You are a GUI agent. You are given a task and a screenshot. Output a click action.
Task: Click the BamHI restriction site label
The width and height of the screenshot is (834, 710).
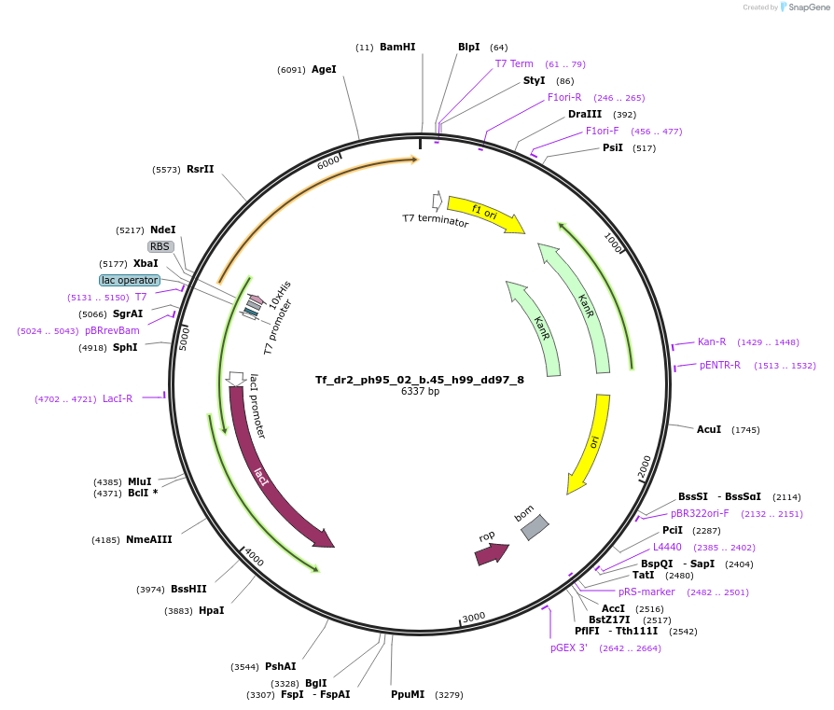(x=397, y=47)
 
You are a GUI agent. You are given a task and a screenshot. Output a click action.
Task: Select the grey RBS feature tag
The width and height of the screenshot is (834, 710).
(x=160, y=246)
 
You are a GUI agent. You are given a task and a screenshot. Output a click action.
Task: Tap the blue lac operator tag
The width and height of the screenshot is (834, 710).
(x=130, y=280)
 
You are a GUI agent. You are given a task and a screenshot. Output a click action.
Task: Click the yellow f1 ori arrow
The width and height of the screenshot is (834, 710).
(x=485, y=214)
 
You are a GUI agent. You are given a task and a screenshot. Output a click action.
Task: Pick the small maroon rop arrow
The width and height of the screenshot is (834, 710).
(x=492, y=554)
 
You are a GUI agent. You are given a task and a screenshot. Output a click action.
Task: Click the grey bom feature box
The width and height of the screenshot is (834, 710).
(x=535, y=527)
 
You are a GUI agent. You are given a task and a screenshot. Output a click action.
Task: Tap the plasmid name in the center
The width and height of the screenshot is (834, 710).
(x=420, y=380)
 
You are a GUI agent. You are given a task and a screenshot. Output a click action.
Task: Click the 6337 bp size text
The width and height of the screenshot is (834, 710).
(x=420, y=392)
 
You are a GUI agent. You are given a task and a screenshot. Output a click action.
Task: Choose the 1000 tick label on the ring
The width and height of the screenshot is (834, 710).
(x=613, y=244)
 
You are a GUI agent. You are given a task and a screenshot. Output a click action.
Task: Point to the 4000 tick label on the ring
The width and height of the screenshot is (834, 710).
(x=254, y=557)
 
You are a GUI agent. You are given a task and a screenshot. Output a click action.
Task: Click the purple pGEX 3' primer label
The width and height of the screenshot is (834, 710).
(x=568, y=647)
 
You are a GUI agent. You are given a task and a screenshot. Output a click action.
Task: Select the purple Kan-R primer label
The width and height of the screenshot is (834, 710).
(x=712, y=341)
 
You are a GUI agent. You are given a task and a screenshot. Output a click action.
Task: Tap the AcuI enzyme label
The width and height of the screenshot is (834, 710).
(x=709, y=429)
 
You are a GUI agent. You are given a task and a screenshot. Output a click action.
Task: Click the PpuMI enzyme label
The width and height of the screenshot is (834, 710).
(x=408, y=694)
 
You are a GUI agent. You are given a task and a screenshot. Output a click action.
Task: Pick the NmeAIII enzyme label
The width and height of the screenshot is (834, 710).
(x=149, y=539)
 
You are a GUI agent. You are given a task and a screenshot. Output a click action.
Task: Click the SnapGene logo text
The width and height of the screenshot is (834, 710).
(x=809, y=7)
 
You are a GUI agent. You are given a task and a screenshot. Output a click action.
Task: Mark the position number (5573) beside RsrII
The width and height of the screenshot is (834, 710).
(x=166, y=170)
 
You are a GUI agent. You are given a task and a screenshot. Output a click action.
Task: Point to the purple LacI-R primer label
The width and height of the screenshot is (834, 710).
(x=118, y=398)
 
